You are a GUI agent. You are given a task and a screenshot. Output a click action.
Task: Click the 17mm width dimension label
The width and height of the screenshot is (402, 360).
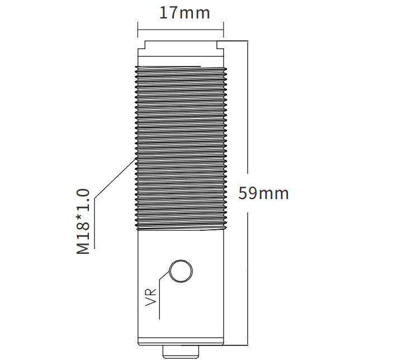(185, 13)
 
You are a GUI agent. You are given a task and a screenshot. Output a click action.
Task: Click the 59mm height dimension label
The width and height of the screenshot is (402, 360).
(263, 193)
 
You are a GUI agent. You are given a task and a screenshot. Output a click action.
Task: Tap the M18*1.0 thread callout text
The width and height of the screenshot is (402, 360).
(83, 222)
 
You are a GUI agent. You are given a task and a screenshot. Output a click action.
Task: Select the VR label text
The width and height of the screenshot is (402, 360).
(150, 297)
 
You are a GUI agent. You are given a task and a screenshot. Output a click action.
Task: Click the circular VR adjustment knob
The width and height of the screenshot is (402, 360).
(181, 271)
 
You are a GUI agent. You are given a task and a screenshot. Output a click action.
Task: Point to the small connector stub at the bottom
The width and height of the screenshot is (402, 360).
(181, 352)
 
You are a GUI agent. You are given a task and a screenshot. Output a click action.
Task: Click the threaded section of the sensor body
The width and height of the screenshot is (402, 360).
(181, 148)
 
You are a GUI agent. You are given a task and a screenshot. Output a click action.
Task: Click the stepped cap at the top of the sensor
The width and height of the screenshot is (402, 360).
(181, 53)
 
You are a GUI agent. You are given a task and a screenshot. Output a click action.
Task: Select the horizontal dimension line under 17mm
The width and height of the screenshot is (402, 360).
(181, 30)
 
